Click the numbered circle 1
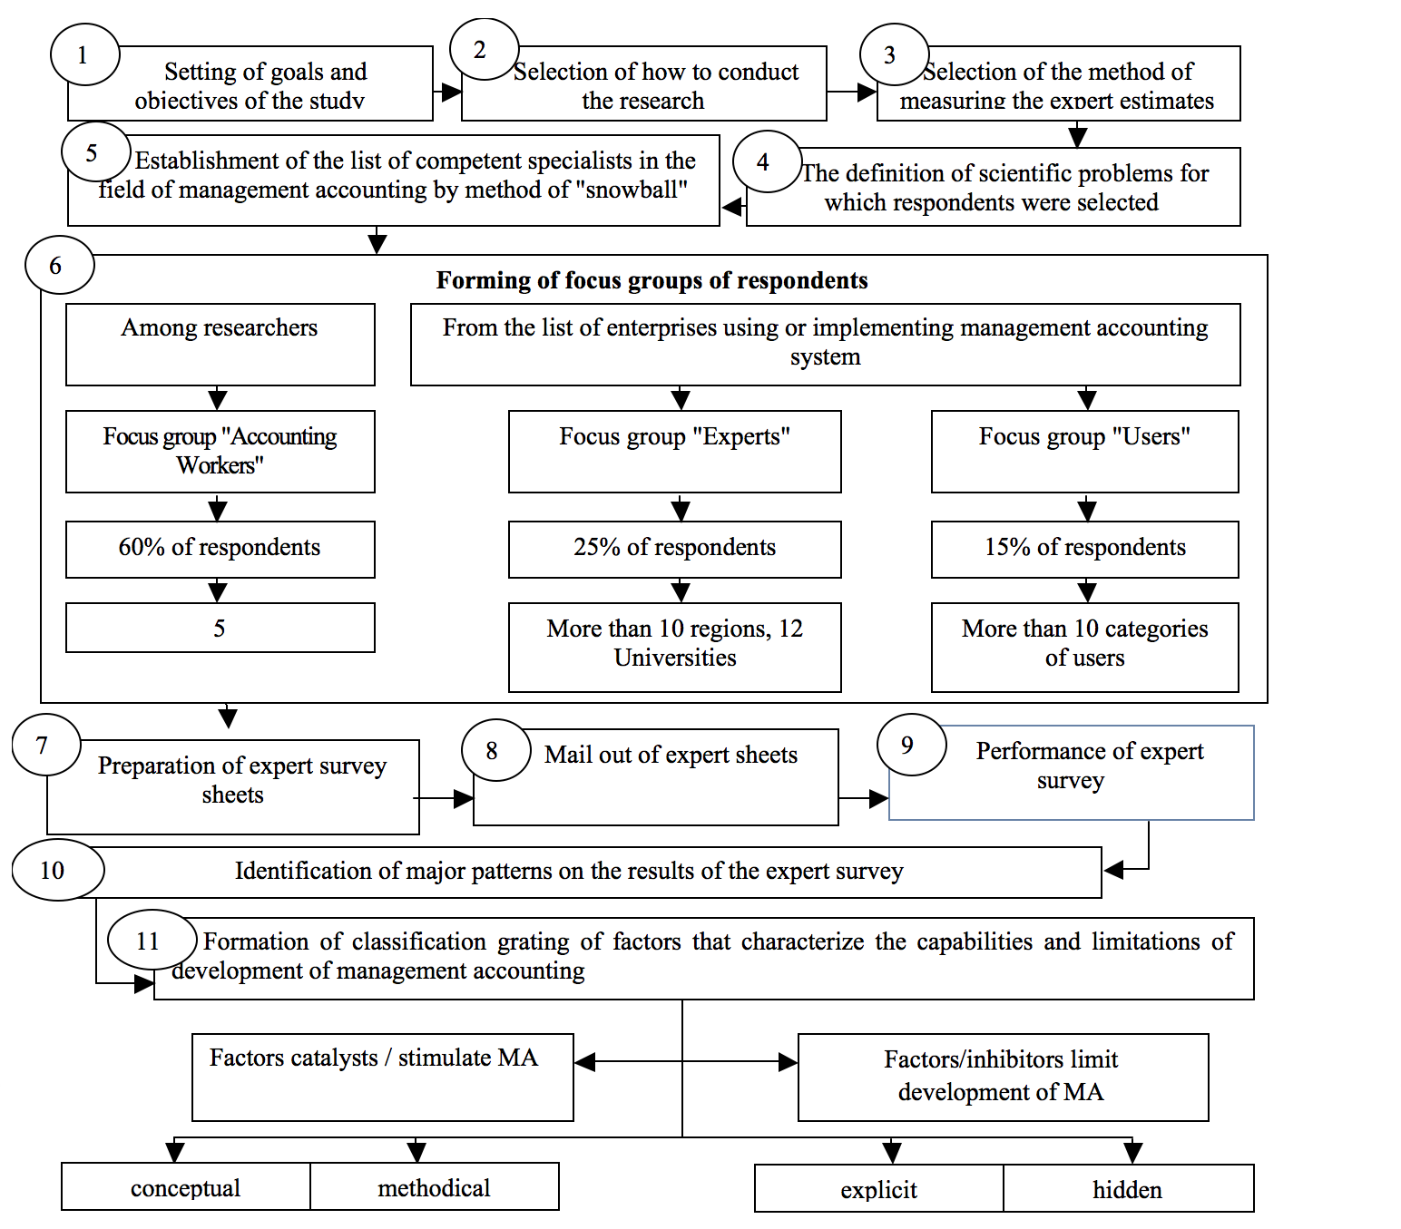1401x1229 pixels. click(x=85, y=54)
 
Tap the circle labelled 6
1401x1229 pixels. click(x=60, y=265)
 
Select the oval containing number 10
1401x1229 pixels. click(x=58, y=870)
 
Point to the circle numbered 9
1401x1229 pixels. click(x=911, y=745)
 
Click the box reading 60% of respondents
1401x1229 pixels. click(x=220, y=549)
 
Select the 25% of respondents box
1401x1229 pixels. click(x=674, y=549)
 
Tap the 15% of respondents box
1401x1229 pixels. click(x=1084, y=549)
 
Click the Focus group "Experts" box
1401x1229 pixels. click(x=674, y=452)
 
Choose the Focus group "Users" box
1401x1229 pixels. click(x=1084, y=452)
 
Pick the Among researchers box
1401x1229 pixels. click(x=220, y=345)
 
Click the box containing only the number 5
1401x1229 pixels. click(x=220, y=628)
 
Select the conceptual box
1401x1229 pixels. click(x=186, y=1187)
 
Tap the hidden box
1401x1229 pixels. click(x=1128, y=1188)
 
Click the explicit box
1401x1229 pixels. click(x=879, y=1188)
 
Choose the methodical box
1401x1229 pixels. click(x=435, y=1187)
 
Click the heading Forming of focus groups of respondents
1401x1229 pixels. click(x=652, y=280)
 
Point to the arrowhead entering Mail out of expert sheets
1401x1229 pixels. click(x=464, y=799)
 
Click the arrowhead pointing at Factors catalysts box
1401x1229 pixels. click(x=584, y=1062)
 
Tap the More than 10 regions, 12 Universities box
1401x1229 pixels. click(x=674, y=647)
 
